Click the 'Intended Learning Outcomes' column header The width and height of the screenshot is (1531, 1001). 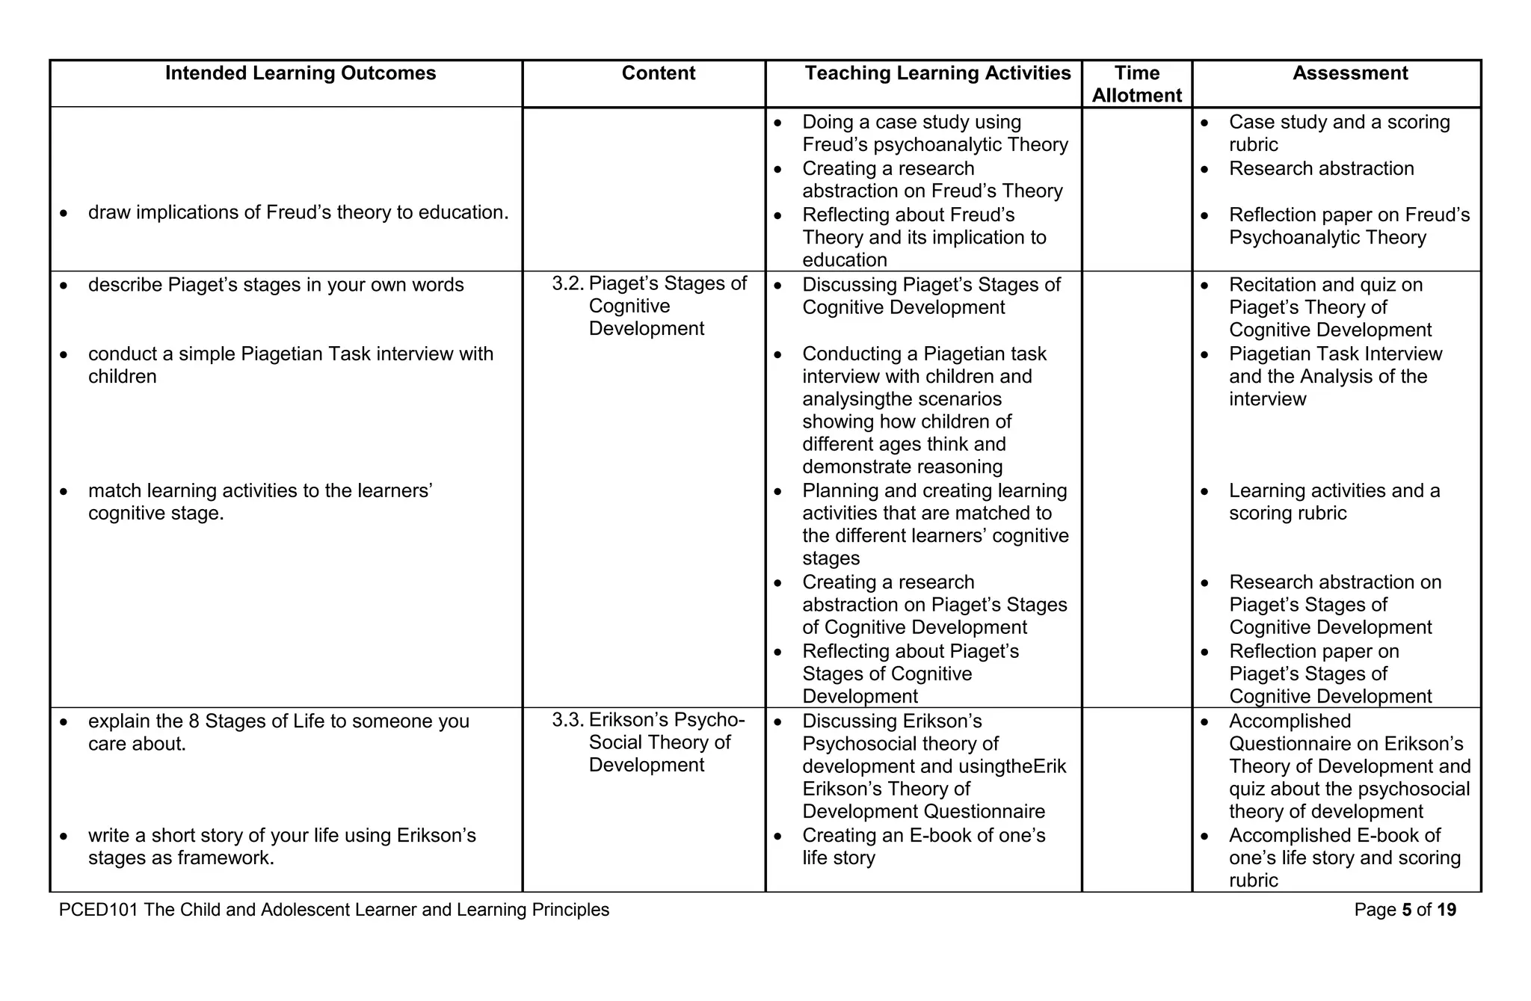click(301, 73)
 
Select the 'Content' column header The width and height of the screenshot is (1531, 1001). click(658, 73)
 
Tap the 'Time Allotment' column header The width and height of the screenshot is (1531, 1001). click(1136, 84)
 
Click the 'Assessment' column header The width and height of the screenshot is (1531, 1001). click(1350, 73)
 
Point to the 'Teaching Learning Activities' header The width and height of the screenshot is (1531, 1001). click(937, 73)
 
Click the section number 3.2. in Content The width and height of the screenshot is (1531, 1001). click(567, 284)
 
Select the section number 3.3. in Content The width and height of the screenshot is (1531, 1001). click(567, 720)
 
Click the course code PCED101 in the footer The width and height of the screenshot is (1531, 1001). click(99, 910)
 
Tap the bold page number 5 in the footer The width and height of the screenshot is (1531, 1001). click(1407, 910)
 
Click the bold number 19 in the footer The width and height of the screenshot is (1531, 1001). click(1447, 910)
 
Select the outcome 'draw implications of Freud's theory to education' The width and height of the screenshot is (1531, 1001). click(298, 213)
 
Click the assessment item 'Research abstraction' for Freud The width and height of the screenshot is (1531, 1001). click(1321, 169)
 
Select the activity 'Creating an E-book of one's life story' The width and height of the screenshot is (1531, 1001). click(923, 846)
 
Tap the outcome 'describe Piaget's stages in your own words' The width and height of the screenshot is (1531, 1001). click(275, 286)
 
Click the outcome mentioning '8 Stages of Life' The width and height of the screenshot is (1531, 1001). click(278, 722)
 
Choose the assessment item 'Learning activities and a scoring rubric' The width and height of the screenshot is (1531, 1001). click(1334, 502)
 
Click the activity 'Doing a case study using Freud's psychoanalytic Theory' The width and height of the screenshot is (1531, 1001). click(934, 133)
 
